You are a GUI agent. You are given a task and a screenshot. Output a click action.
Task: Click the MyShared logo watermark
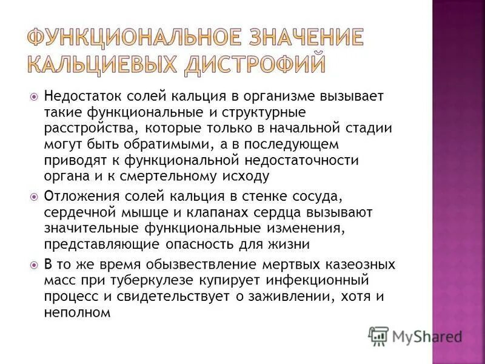click(416, 336)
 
